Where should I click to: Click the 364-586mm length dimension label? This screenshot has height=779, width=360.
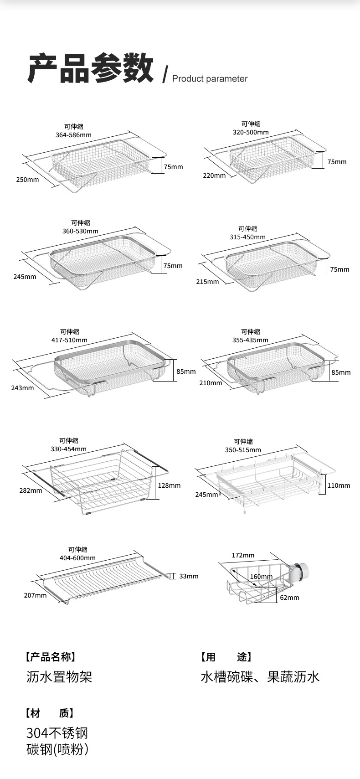pyautogui.click(x=73, y=135)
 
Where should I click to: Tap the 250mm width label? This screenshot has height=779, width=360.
pyautogui.click(x=27, y=180)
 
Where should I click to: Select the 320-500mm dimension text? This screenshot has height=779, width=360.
pyautogui.click(x=251, y=132)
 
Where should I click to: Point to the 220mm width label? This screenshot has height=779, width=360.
pyautogui.click(x=214, y=175)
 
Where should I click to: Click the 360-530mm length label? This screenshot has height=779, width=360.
pyautogui.click(x=80, y=231)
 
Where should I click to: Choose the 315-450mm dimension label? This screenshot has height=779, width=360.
pyautogui.click(x=247, y=237)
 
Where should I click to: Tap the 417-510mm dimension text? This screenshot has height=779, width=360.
pyautogui.click(x=70, y=340)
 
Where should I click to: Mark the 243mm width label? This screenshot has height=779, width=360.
pyautogui.click(x=23, y=388)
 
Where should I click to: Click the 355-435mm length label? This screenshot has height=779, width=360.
pyautogui.click(x=251, y=340)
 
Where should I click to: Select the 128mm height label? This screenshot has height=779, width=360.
pyautogui.click(x=170, y=485)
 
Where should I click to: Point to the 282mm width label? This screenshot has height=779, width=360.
pyautogui.click(x=31, y=491)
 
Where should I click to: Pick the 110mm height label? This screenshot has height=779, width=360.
pyautogui.click(x=339, y=485)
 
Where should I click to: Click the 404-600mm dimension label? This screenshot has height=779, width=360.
pyautogui.click(x=77, y=558)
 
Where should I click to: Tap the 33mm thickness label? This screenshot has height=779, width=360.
pyautogui.click(x=189, y=576)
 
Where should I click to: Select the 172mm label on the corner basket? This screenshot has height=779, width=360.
pyautogui.click(x=243, y=555)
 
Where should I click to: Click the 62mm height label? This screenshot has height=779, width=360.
pyautogui.click(x=289, y=598)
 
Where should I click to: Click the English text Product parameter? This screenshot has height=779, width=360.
pyautogui.click(x=210, y=78)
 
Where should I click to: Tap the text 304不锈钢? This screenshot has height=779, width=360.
pyautogui.click(x=57, y=733)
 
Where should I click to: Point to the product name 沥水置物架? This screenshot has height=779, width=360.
pyautogui.click(x=59, y=677)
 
